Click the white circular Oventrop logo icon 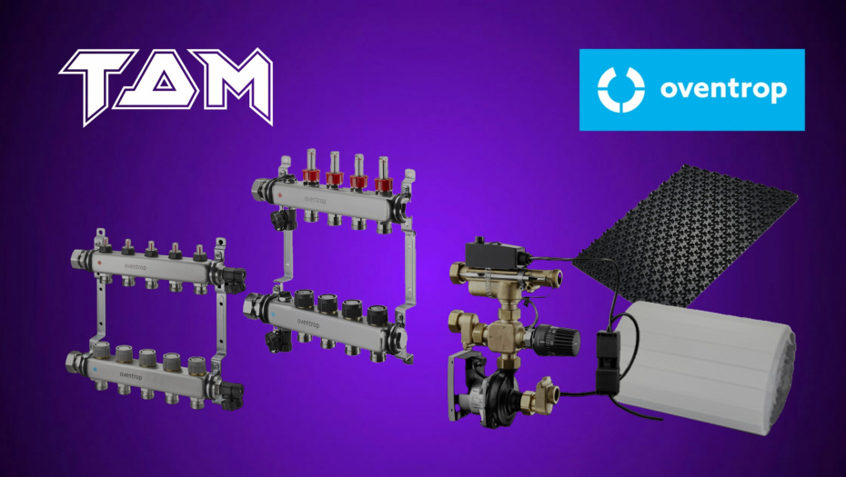[621, 90]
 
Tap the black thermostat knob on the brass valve [556, 340]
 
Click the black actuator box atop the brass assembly [495, 253]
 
